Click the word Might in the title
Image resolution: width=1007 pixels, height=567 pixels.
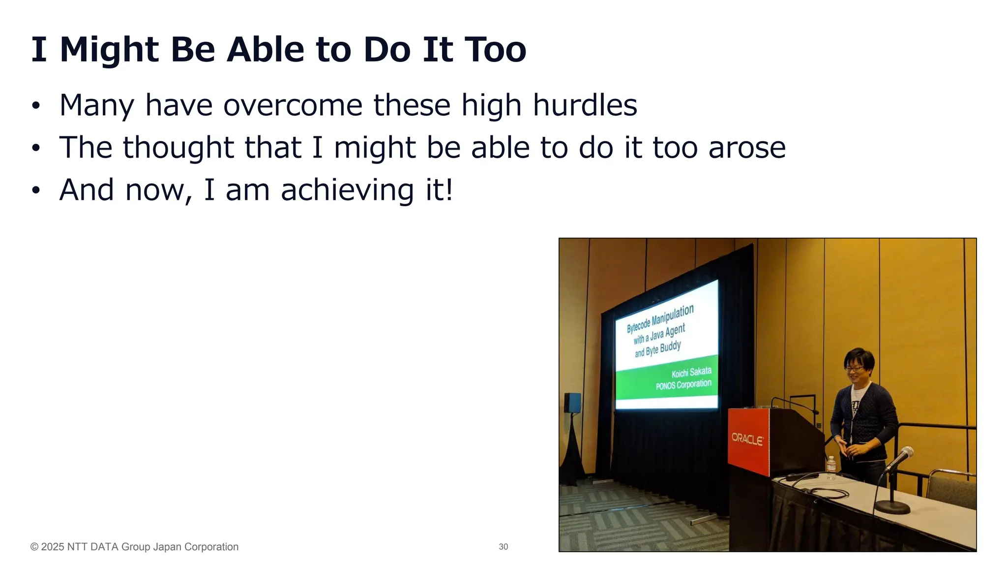pyautogui.click(x=109, y=50)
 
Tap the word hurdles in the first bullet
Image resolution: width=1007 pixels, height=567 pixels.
pyautogui.click(x=585, y=105)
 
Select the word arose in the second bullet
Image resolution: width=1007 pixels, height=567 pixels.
pyautogui.click(x=747, y=148)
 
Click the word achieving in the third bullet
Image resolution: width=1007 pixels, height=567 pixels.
pyautogui.click(x=347, y=190)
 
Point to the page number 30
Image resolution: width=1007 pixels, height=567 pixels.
pyautogui.click(x=503, y=547)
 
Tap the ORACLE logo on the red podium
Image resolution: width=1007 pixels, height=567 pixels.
pyautogui.click(x=747, y=439)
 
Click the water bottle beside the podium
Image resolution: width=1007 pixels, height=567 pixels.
pyautogui.click(x=830, y=468)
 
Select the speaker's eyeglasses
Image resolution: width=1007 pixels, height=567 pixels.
pyautogui.click(x=855, y=369)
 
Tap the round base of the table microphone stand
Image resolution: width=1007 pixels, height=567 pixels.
pyautogui.click(x=892, y=507)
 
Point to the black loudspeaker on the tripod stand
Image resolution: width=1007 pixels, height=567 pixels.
pyautogui.click(x=572, y=403)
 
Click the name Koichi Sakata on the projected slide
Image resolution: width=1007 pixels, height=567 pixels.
pyautogui.click(x=691, y=373)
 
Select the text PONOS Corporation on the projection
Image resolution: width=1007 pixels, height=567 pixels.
pyautogui.click(x=683, y=385)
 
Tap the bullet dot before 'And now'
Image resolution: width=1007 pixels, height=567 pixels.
pyautogui.click(x=35, y=191)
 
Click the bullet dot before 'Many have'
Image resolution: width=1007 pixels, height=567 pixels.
pyautogui.click(x=35, y=106)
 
